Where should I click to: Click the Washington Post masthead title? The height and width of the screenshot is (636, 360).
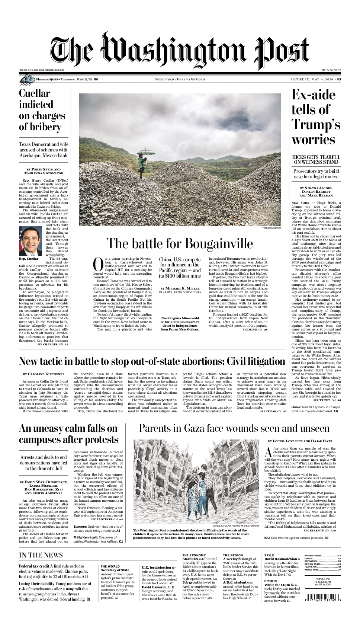pos(180,52)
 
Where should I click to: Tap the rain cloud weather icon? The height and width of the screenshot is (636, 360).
pos(27,79)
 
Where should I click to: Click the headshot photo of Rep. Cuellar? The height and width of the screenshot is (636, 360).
pos(30,241)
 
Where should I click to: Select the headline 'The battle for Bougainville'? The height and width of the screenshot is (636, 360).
pos(180,243)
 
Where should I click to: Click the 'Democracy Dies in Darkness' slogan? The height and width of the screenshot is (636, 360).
pos(180,79)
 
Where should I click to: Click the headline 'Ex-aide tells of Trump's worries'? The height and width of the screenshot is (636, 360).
pos(315,117)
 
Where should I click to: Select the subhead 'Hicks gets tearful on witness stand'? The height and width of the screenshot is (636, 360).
pos(316,160)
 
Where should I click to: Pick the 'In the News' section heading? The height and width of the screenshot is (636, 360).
pos(41,555)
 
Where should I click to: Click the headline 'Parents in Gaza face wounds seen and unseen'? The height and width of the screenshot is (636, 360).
pos(234,428)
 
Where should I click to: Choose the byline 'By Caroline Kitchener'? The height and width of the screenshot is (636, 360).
pos(44,374)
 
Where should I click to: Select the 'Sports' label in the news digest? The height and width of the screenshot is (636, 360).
pos(271,581)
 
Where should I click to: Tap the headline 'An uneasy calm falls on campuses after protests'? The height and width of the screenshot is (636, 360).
pos(68,434)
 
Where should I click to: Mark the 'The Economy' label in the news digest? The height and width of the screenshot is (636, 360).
pos(194,555)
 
